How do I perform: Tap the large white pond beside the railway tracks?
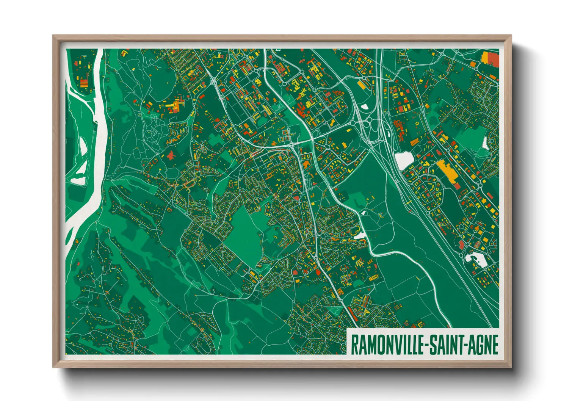(404, 160)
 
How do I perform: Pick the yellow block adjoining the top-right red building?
(485, 57)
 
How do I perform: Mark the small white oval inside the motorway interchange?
(364, 107)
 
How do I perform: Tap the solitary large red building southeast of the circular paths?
(171, 155)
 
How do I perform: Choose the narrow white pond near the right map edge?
(486, 143)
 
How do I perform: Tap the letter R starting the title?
(355, 345)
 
